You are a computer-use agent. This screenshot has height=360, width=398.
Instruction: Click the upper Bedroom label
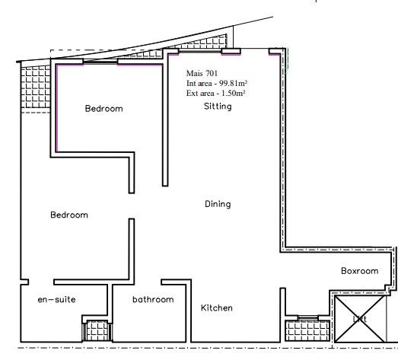coord(103,109)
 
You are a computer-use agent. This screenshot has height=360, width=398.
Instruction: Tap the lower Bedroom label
coord(69,215)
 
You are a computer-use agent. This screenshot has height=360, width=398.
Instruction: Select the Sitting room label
coord(218,107)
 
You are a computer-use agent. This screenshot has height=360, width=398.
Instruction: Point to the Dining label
coord(218,204)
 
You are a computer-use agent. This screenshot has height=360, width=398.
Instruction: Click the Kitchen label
coord(217,308)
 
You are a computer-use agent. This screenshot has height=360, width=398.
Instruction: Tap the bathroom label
coord(153,299)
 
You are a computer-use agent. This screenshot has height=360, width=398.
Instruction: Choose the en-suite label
coord(56,299)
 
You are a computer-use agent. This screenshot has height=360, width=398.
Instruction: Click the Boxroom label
coord(359,270)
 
